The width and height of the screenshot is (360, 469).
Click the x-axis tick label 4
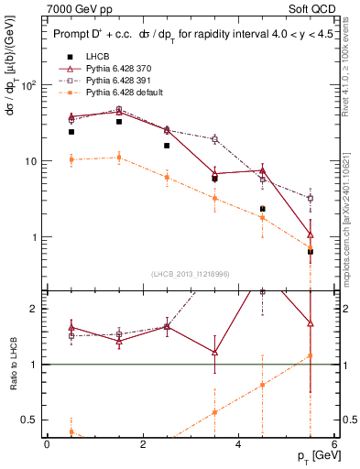point(239,444)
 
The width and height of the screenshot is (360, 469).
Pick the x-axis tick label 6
point(334,444)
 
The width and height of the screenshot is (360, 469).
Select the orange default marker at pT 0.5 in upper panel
point(71,159)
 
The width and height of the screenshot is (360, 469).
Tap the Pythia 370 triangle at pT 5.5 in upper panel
point(311,234)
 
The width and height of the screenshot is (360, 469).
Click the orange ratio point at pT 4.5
point(263,385)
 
